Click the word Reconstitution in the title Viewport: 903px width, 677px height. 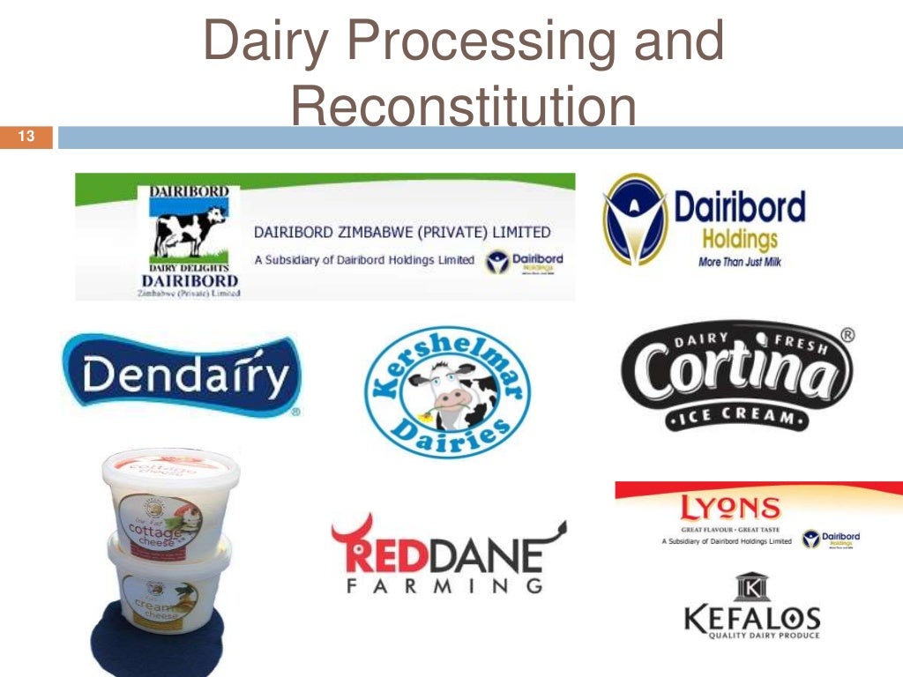pyautogui.click(x=463, y=108)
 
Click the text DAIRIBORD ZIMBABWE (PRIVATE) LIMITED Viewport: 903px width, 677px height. pyautogui.click(x=402, y=233)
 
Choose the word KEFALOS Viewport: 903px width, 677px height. pyautogui.click(x=751, y=619)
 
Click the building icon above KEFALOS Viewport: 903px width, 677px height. pyautogui.click(x=752, y=587)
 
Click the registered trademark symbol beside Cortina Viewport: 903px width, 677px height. pyautogui.click(x=847, y=335)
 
